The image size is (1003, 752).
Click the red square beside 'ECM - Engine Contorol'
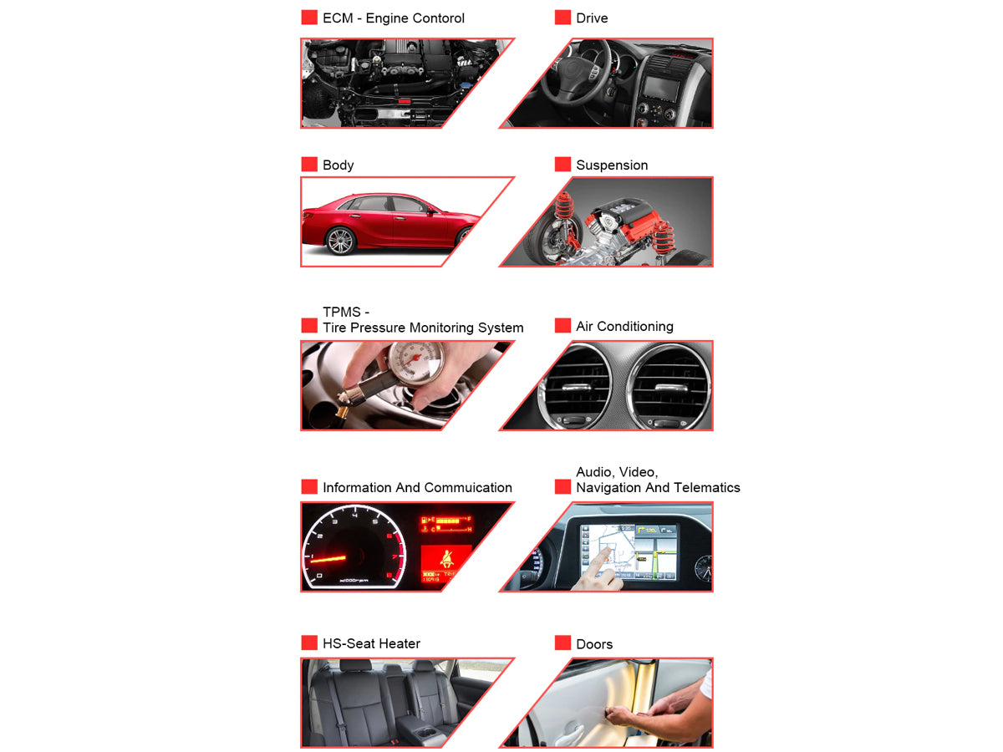(x=309, y=18)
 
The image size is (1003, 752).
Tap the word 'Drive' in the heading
(x=592, y=18)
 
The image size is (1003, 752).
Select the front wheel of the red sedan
(x=340, y=240)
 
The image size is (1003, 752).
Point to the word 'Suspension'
(x=612, y=165)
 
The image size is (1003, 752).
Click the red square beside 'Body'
(x=309, y=165)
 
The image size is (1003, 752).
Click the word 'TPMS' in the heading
(x=341, y=312)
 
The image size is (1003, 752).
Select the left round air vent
(x=575, y=387)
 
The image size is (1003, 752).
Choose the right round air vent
(x=669, y=387)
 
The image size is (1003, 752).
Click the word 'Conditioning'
(x=635, y=327)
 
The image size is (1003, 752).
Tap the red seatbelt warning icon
(x=446, y=559)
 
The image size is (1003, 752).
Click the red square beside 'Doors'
(x=563, y=643)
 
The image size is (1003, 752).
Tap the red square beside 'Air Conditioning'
(x=563, y=326)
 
